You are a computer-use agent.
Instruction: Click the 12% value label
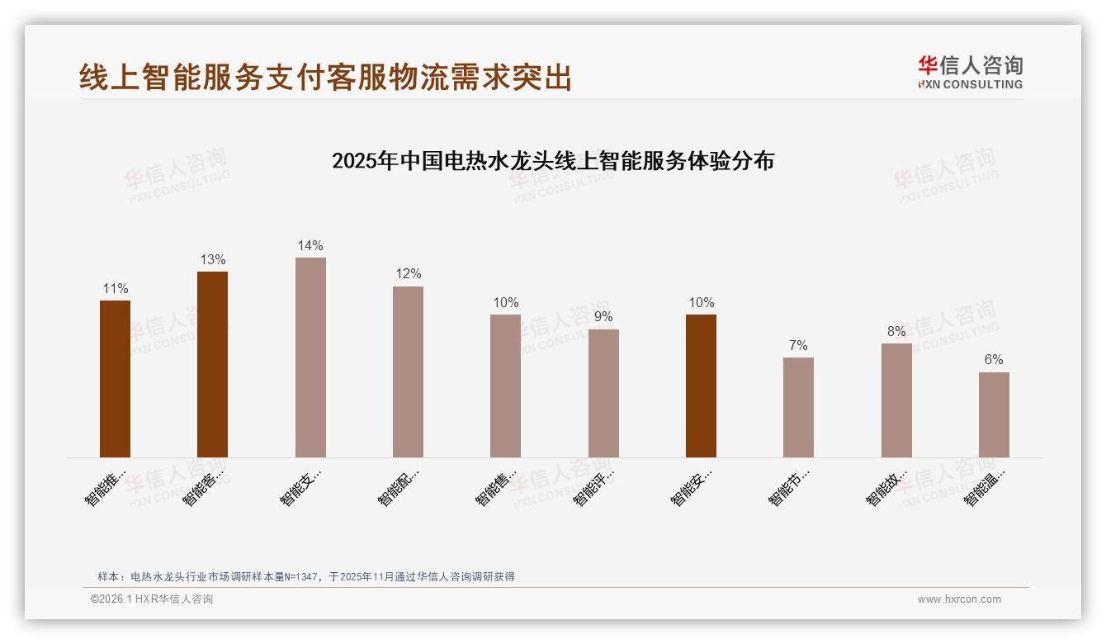408,274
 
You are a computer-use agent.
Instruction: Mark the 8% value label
896,332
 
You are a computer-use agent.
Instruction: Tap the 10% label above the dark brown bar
701,303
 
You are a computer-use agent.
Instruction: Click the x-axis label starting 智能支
300,489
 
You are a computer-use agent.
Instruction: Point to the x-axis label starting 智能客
202,489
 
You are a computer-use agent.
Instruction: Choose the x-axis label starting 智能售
495,489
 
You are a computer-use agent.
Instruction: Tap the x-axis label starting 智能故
886,489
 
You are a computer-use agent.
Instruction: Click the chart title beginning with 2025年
552,161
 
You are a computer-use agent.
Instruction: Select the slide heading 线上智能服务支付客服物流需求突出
325,78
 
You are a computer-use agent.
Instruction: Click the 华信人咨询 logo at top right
970,73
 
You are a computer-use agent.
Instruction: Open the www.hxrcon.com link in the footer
959,599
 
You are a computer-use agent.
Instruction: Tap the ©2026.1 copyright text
152,599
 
